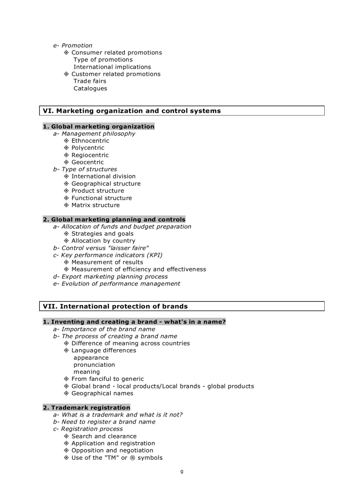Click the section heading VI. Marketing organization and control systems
coord(131,111)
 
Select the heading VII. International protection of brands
coord(115,306)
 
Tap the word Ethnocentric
coord(90,141)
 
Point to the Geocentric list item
coord(87,162)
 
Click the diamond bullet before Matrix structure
coord(67,205)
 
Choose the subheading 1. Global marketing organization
coord(98,127)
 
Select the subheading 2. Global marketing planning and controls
coord(114,220)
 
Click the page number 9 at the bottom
coord(182,472)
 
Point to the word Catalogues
coord(90,89)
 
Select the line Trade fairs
coord(90,81)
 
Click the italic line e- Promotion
coord(73,45)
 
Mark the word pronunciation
coord(94,365)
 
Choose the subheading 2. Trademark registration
coord(86,408)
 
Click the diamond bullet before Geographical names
coord(67,394)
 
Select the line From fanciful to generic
coord(107,379)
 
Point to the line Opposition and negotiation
coord(112,450)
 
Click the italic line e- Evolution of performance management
coord(116,284)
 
